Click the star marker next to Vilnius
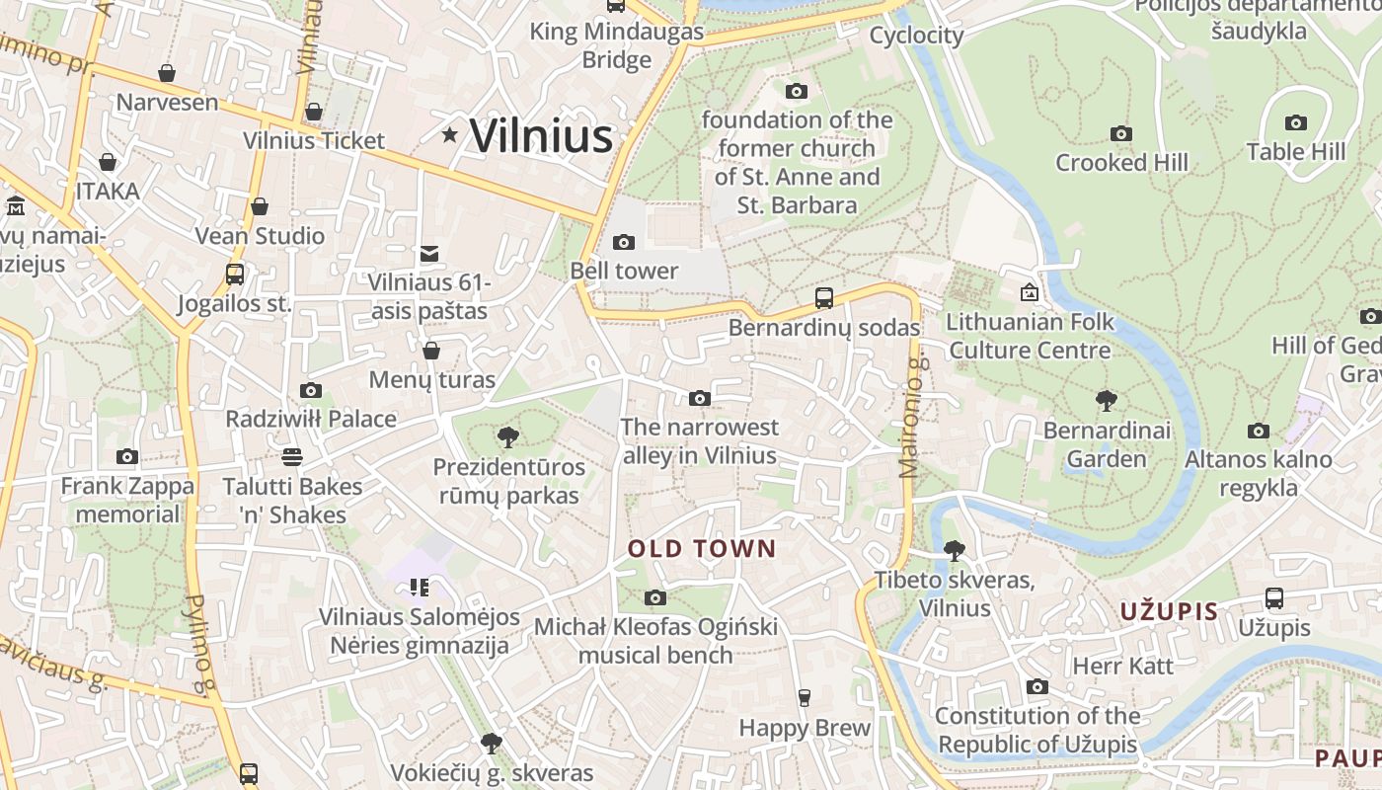450,133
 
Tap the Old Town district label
702,549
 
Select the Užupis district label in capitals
1169,611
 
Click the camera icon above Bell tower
624,242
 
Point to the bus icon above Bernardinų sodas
823,297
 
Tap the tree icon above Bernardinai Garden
1107,401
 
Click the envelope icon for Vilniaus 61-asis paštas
429,254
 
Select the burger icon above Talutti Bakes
291,457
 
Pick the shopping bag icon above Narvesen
167,73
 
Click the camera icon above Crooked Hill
1121,133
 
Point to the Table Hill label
1295,152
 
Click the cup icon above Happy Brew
805,698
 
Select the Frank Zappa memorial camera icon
127,456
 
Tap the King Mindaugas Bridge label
617,45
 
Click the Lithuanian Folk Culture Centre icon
1029,292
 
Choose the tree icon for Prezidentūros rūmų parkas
508,436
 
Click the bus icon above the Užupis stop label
1274,597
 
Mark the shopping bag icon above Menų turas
430,351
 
